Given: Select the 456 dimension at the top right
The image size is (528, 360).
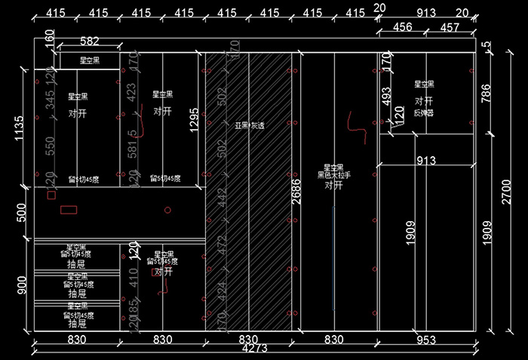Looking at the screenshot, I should [404, 28].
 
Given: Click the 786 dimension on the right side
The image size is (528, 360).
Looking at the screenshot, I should [486, 93].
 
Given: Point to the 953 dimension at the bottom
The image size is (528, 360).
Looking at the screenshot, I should [426, 340].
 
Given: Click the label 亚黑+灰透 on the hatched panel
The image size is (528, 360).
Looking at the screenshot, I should [248, 126].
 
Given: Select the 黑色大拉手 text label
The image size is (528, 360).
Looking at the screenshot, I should [334, 176].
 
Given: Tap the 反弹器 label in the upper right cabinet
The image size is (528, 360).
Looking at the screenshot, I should [424, 112].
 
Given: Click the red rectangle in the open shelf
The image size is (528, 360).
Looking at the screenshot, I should [71, 208].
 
